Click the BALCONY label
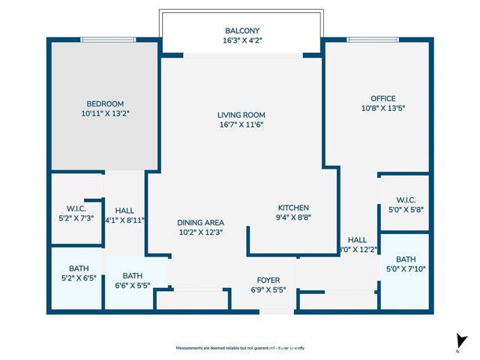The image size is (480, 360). (241, 31)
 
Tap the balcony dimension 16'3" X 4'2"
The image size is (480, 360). (241, 40)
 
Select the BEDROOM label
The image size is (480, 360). (105, 103)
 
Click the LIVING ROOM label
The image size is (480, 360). (241, 115)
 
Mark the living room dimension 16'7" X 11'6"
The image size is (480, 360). (241, 124)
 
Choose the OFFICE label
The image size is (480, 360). (382, 98)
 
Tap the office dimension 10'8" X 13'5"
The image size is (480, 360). (382, 108)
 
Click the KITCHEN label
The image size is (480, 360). (293, 208)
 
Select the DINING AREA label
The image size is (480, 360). (200, 223)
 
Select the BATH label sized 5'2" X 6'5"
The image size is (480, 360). (78, 268)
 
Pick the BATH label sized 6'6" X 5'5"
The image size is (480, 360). (132, 275)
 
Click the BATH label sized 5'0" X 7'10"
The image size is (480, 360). (406, 259)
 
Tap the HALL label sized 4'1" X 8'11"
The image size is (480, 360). (124, 211)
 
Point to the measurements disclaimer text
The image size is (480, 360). (240, 348)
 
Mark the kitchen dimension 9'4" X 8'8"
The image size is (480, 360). (293, 217)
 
